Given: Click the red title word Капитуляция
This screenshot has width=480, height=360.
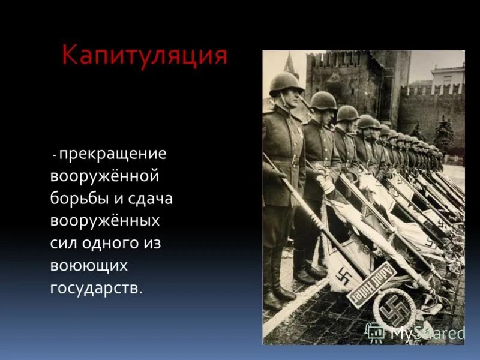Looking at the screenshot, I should pyautogui.click(x=145, y=56).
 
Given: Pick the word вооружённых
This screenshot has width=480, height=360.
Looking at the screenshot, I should pyautogui.click(x=106, y=221).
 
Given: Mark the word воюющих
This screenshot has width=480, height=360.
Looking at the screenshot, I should pyautogui.click(x=89, y=265).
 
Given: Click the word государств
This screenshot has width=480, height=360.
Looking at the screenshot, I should pyautogui.click(x=97, y=287).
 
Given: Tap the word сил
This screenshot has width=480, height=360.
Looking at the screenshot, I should pyautogui.click(x=64, y=243).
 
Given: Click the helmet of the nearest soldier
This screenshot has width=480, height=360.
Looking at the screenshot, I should pyautogui.click(x=285, y=82).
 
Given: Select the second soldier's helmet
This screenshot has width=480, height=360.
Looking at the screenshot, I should pyautogui.click(x=323, y=100).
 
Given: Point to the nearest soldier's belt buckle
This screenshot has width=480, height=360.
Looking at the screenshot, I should pyautogui.click(x=295, y=161).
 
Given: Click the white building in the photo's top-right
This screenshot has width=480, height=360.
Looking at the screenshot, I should pyautogui.click(x=447, y=77).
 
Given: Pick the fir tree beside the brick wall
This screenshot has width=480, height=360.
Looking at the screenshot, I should pyautogui.click(x=443, y=136).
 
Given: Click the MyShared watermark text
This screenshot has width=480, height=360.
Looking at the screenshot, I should pyautogui.click(x=428, y=332).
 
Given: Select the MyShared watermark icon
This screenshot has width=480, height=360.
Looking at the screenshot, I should pyautogui.click(x=376, y=332).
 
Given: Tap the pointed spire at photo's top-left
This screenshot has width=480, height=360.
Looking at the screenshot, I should pyautogui.click(x=290, y=64).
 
